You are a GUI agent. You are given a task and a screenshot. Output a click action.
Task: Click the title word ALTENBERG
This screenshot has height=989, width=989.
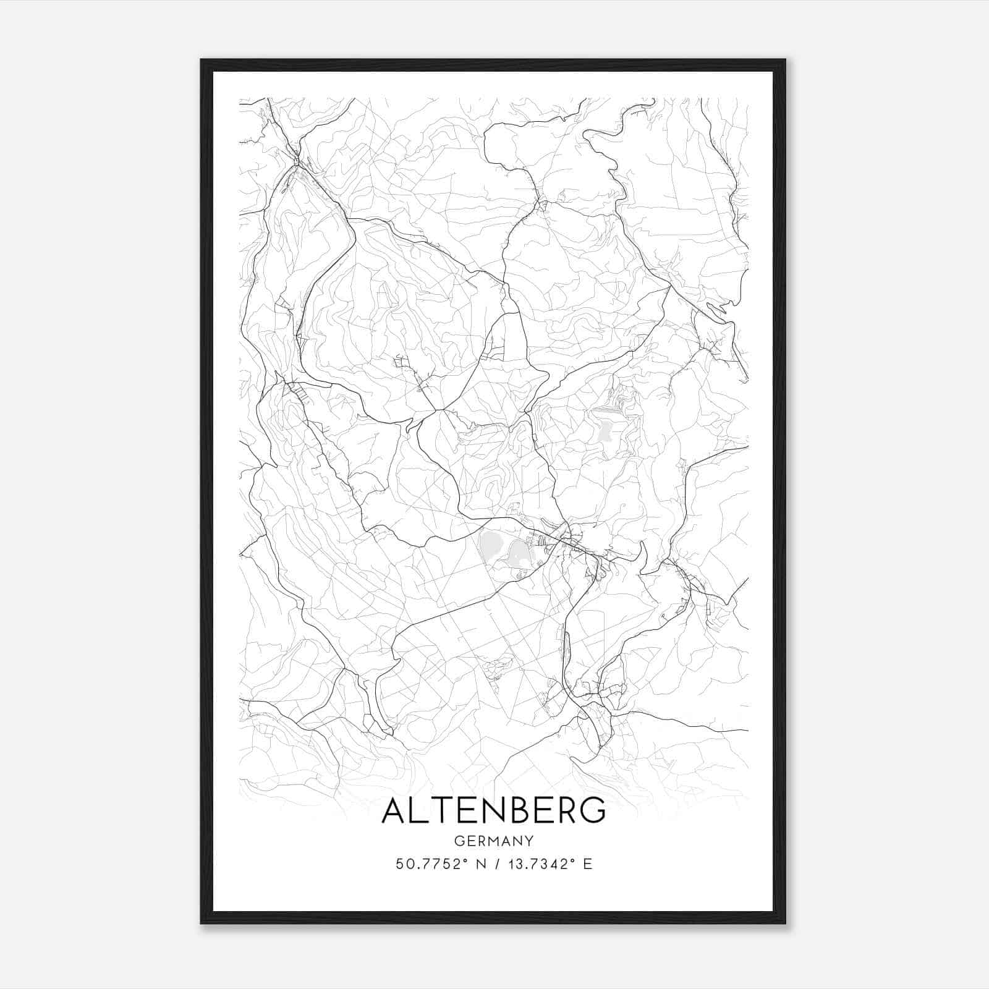[x=494, y=811]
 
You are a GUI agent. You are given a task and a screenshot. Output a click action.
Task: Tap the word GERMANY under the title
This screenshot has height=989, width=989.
[x=494, y=841]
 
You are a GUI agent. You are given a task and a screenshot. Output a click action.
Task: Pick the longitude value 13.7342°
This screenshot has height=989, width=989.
[x=537, y=864]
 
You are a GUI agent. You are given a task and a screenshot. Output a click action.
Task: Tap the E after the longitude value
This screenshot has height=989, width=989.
[x=588, y=864]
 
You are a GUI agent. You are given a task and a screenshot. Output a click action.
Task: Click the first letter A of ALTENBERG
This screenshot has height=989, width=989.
[x=394, y=811]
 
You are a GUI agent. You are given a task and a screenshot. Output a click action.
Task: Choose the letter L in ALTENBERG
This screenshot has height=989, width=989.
[x=420, y=811]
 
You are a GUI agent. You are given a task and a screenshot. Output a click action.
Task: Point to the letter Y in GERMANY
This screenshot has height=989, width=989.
[x=529, y=841]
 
